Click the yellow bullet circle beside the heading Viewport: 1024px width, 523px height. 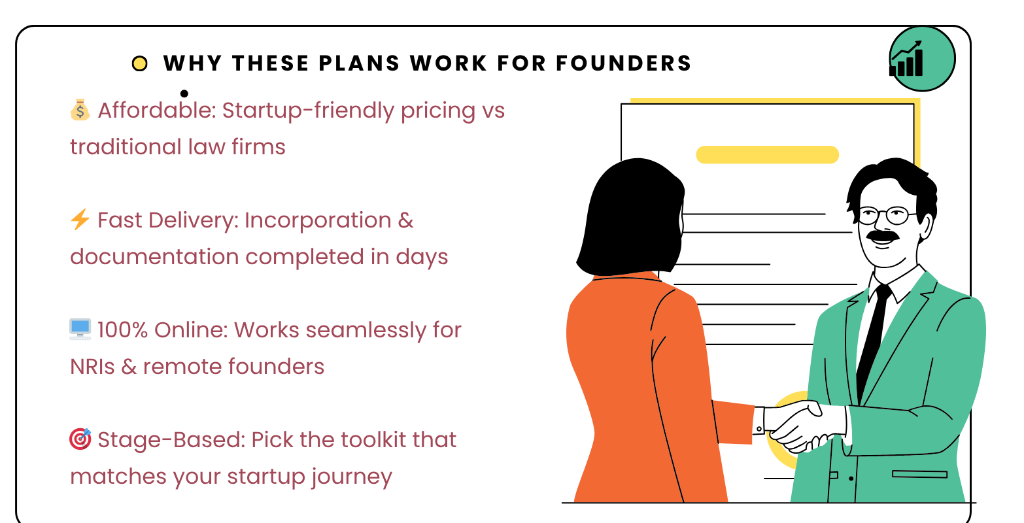139,63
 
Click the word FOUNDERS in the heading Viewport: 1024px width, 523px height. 624,63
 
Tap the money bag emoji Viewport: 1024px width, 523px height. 80,110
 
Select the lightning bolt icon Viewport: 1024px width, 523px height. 80,220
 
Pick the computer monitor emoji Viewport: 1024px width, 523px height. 80,329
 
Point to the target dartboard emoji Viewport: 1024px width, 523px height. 80,439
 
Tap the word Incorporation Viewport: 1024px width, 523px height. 318,220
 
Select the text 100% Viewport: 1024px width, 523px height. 122,330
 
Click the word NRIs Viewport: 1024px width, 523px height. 92,367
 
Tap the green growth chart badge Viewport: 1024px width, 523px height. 921,59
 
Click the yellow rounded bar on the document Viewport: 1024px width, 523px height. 767,154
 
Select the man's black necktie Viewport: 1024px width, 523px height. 872,343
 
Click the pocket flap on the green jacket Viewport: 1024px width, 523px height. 919,474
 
